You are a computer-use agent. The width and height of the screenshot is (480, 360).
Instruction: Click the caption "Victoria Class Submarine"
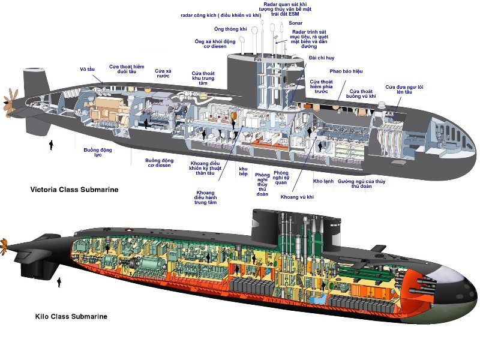pyautogui.click(x=74, y=190)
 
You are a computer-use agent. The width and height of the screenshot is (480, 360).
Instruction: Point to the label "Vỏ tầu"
pyautogui.click(x=87, y=70)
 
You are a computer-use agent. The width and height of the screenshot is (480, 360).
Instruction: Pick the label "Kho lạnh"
pyautogui.click(x=323, y=181)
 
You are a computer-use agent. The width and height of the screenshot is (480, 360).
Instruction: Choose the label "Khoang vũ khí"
pyautogui.click(x=298, y=197)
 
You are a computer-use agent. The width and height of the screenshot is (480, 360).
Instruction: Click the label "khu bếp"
pyautogui.click(x=243, y=172)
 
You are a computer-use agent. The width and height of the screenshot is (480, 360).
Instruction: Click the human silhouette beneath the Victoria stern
pyautogui.click(x=51, y=145)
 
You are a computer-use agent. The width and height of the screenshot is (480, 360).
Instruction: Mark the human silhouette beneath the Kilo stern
pyautogui.click(x=59, y=282)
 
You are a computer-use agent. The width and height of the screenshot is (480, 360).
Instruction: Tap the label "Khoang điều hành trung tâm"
pyautogui.click(x=205, y=197)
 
